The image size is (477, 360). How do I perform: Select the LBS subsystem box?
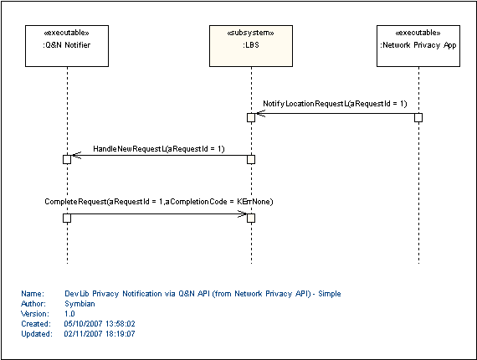(x=251, y=46)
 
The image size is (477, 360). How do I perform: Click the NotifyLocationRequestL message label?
(x=335, y=104)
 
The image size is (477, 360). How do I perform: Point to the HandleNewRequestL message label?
(x=159, y=149)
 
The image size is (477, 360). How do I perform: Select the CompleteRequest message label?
(x=159, y=202)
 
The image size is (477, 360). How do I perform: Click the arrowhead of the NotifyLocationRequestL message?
(x=260, y=114)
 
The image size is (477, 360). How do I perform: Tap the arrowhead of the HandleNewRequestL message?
(x=76, y=155)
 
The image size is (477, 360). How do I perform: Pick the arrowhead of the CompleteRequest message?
(x=242, y=214)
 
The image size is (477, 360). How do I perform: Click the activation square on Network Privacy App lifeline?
(x=418, y=117)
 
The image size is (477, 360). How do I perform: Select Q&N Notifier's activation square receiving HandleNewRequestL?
(x=67, y=159)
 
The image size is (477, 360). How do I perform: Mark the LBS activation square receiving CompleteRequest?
(x=251, y=219)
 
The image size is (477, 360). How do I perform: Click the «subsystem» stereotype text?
(x=251, y=33)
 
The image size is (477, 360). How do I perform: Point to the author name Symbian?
(x=79, y=304)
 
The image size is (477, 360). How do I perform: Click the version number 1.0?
(x=69, y=314)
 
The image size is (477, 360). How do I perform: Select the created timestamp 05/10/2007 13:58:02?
(x=100, y=324)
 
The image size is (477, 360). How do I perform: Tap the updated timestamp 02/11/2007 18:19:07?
(x=100, y=334)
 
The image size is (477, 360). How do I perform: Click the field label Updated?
(x=37, y=334)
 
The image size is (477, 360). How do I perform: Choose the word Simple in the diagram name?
(x=330, y=294)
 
